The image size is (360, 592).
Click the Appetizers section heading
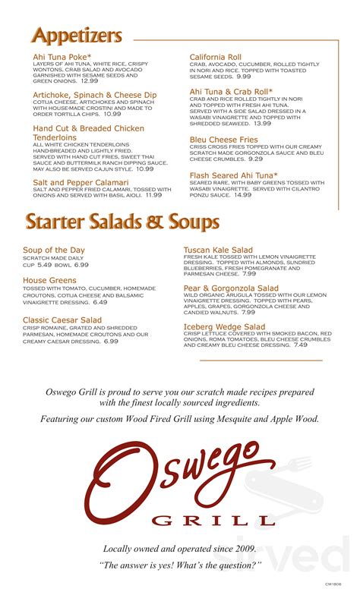77,35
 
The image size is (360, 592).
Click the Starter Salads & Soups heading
122,221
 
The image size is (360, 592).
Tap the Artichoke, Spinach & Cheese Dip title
95,95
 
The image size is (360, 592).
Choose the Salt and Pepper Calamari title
81,183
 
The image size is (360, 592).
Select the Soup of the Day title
53,250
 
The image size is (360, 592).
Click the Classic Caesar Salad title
62,321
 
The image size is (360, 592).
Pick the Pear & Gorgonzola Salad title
231,288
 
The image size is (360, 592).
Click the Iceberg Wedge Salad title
224,327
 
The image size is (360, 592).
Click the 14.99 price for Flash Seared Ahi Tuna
242,195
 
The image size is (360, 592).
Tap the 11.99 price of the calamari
153,195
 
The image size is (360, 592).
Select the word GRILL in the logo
213,521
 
